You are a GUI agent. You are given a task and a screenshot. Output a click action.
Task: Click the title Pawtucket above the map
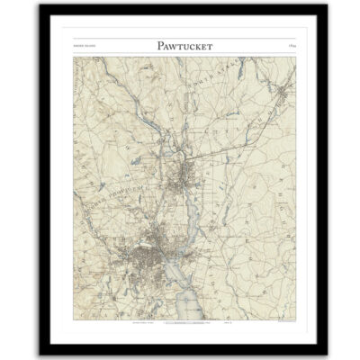pos(180,47)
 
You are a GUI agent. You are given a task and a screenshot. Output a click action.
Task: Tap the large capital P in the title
pos(147,47)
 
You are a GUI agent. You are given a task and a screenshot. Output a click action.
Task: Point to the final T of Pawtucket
pos(212,47)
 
